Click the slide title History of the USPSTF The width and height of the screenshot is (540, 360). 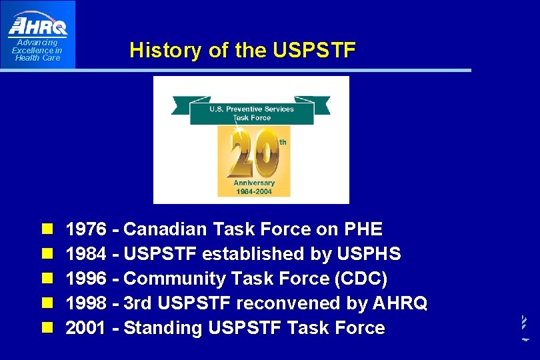click(243, 50)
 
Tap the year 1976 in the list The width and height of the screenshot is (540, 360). click(86, 230)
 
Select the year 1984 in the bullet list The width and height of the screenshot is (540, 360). click(86, 255)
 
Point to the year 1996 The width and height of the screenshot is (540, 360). click(86, 279)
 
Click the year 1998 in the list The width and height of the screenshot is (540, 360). click(86, 303)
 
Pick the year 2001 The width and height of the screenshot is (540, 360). click(86, 328)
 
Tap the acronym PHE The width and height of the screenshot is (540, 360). click(363, 230)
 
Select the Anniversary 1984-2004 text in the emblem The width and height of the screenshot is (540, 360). click(253, 187)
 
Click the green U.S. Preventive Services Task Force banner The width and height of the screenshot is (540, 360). click(251, 112)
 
